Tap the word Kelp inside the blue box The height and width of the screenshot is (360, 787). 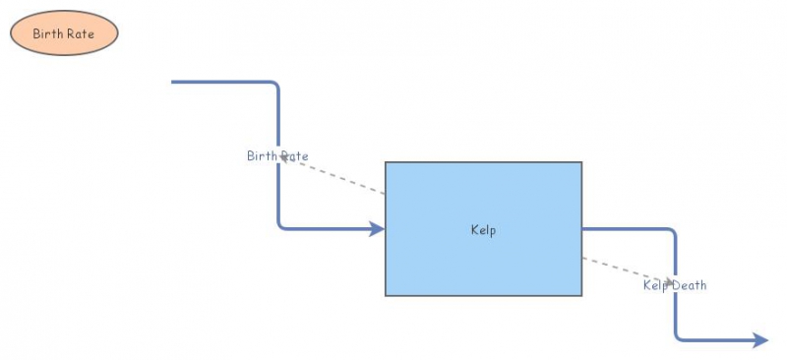pos(483,230)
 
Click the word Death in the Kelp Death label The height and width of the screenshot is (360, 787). pos(690,285)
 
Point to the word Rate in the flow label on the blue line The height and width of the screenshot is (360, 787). pos(294,155)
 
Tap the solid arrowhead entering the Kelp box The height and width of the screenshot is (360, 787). pos(377,229)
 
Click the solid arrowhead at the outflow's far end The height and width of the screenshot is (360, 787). pos(760,340)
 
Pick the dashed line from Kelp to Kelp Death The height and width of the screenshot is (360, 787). pos(620,270)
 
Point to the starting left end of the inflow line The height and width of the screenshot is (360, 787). pos(173,82)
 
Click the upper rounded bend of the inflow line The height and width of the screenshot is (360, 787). pos(276,86)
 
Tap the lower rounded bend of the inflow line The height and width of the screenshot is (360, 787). pos(281,226)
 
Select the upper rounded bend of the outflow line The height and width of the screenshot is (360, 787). pos(673,233)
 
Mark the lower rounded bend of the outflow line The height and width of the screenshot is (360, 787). pos(679,337)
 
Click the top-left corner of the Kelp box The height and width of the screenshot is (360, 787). pos(386,162)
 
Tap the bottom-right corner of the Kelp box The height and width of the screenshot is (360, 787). pos(581,295)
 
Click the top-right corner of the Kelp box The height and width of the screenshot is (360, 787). pos(581,162)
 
